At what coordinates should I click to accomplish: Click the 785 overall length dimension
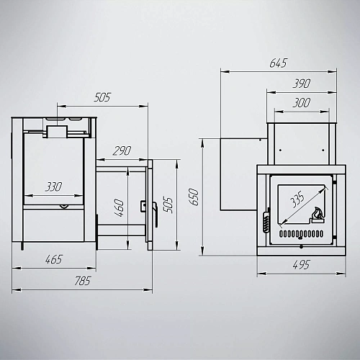tap(83, 281)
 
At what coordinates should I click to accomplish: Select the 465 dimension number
tap(54, 259)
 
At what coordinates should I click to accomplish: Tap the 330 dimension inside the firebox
tap(54, 186)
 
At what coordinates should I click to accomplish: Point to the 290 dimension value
tap(122, 150)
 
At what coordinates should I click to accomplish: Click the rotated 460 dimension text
tap(120, 207)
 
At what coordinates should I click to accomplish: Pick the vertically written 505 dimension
tap(168, 205)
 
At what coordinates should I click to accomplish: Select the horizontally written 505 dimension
tap(102, 97)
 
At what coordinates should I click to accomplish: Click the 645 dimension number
tap(279, 63)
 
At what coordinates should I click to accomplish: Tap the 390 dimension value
tap(302, 84)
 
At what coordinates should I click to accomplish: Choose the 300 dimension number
tap(302, 103)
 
